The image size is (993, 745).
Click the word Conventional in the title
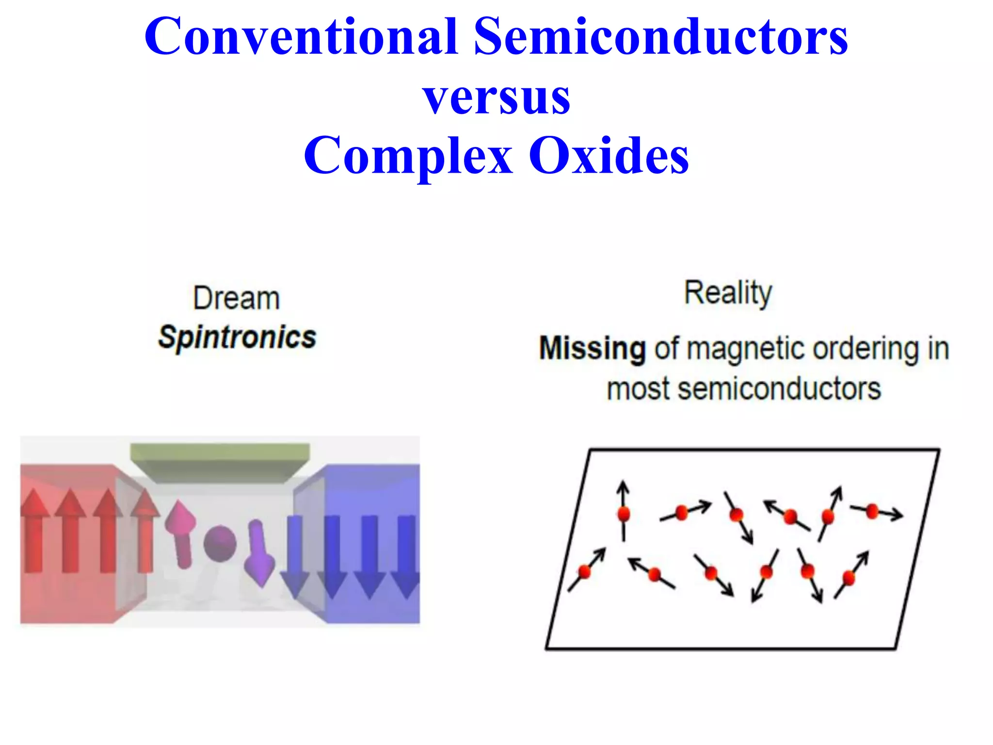click(301, 36)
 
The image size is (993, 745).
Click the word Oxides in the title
click(609, 155)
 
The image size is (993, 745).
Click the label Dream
click(237, 298)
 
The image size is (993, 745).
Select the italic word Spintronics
click(237, 337)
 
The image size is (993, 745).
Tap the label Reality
click(728, 293)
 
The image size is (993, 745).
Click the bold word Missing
click(592, 348)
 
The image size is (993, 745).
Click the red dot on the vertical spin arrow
click(624, 513)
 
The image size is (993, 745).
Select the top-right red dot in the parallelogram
click(872, 511)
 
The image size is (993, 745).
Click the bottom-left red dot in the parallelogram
click(585, 572)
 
